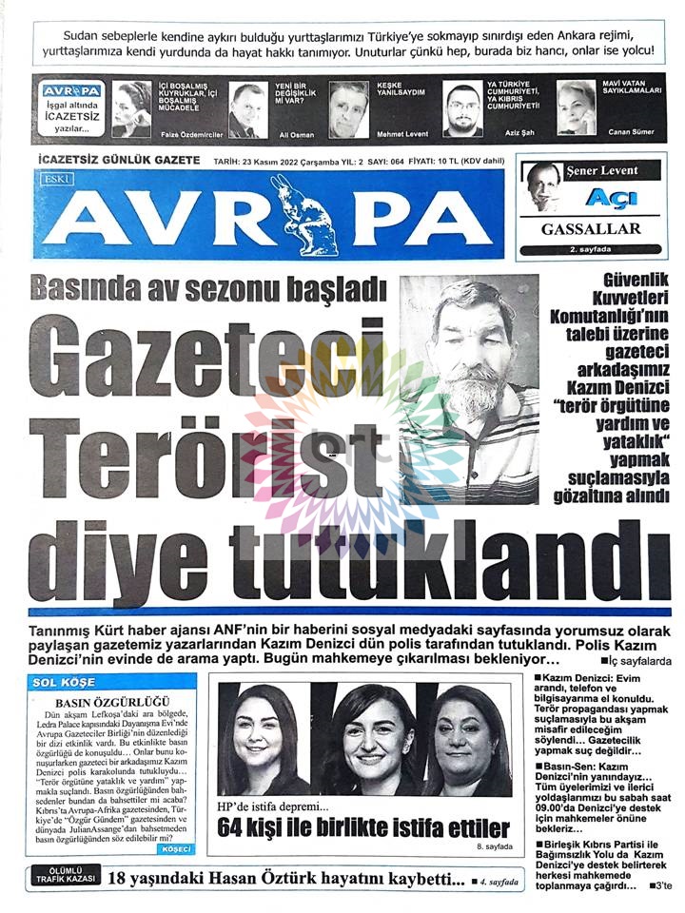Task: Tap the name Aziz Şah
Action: (x=510, y=134)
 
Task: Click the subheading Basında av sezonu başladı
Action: (x=206, y=286)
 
